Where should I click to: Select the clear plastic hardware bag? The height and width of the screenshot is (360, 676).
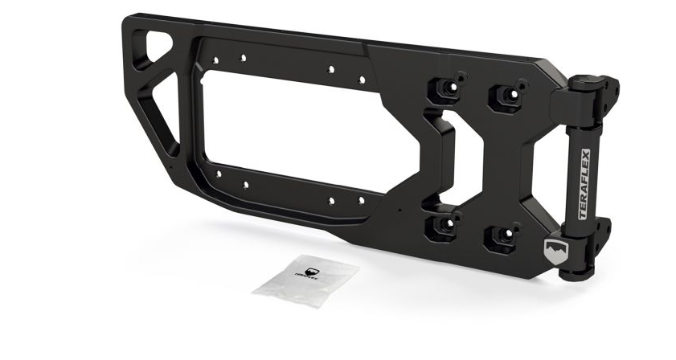coord(306,278)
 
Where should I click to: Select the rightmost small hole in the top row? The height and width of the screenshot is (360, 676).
coord(362,80)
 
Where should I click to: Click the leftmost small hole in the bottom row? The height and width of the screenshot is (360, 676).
coord(218,173)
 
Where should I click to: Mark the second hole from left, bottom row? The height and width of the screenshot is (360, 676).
coord(244,184)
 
